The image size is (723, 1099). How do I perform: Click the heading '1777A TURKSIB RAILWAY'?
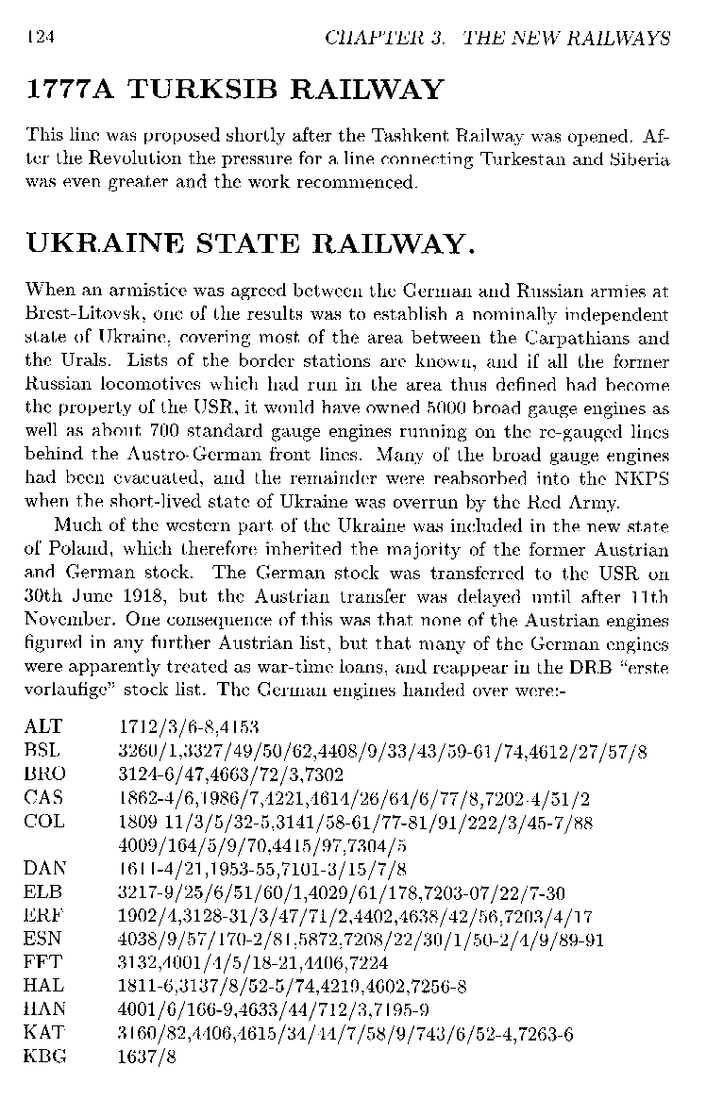(235, 91)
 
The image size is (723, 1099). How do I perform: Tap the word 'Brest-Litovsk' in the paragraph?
(73, 314)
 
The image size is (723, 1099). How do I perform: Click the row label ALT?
(43, 726)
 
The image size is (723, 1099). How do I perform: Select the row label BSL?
(43, 751)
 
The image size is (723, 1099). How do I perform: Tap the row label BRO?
(44, 774)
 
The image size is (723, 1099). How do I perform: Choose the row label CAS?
(43, 798)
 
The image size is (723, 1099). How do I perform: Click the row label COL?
(44, 822)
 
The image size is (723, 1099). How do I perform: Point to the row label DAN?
(44, 869)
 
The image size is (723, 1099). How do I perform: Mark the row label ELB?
(43, 892)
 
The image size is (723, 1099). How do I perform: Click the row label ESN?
(43, 940)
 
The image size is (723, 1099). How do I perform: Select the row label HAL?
(43, 987)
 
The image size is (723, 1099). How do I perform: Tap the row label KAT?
(44, 1034)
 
